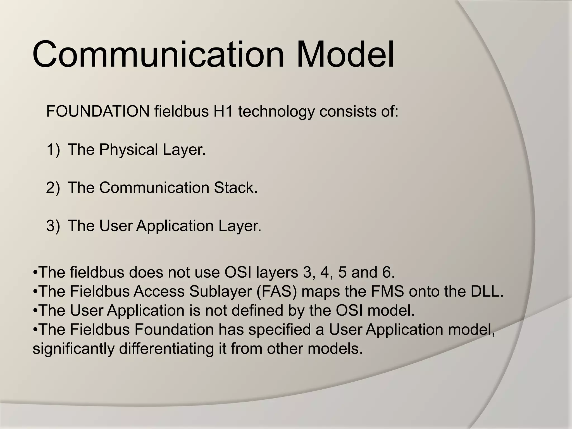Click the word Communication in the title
158,54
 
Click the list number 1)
53,149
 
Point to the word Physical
129,149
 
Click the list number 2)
53,187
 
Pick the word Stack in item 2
235,187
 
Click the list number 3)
53,226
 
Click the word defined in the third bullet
258,310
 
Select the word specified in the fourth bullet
280,330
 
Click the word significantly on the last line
73,349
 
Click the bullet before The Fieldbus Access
35,292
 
